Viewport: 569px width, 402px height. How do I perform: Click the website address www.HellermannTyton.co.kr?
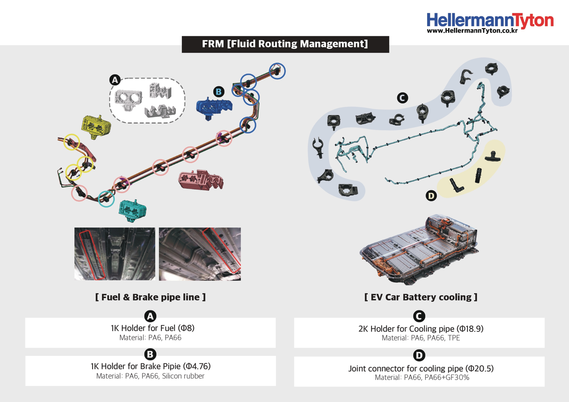pos(472,31)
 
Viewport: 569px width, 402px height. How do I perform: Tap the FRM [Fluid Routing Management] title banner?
pos(285,44)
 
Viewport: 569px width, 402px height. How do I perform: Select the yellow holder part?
pos(96,126)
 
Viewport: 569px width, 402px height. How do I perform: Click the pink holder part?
pos(200,180)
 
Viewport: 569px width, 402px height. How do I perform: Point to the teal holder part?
pos(132,210)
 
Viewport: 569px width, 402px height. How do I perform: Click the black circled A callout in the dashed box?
pos(115,80)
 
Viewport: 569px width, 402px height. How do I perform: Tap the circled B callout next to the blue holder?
pos(218,91)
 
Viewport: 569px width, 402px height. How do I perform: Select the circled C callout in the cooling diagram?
pos(402,98)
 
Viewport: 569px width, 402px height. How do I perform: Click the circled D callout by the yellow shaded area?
pos(431,196)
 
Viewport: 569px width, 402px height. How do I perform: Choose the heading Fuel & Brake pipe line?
pos(150,297)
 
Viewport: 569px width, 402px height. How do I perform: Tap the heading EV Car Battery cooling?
pos(420,297)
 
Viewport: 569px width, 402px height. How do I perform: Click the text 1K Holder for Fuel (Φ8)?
pos(152,328)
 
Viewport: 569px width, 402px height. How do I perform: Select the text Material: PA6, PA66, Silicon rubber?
pos(150,376)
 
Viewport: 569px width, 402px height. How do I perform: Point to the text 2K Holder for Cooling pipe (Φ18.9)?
pos(421,329)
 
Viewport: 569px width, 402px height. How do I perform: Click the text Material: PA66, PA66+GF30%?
pos(421,378)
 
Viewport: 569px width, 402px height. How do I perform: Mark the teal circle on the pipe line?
pos(106,198)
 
